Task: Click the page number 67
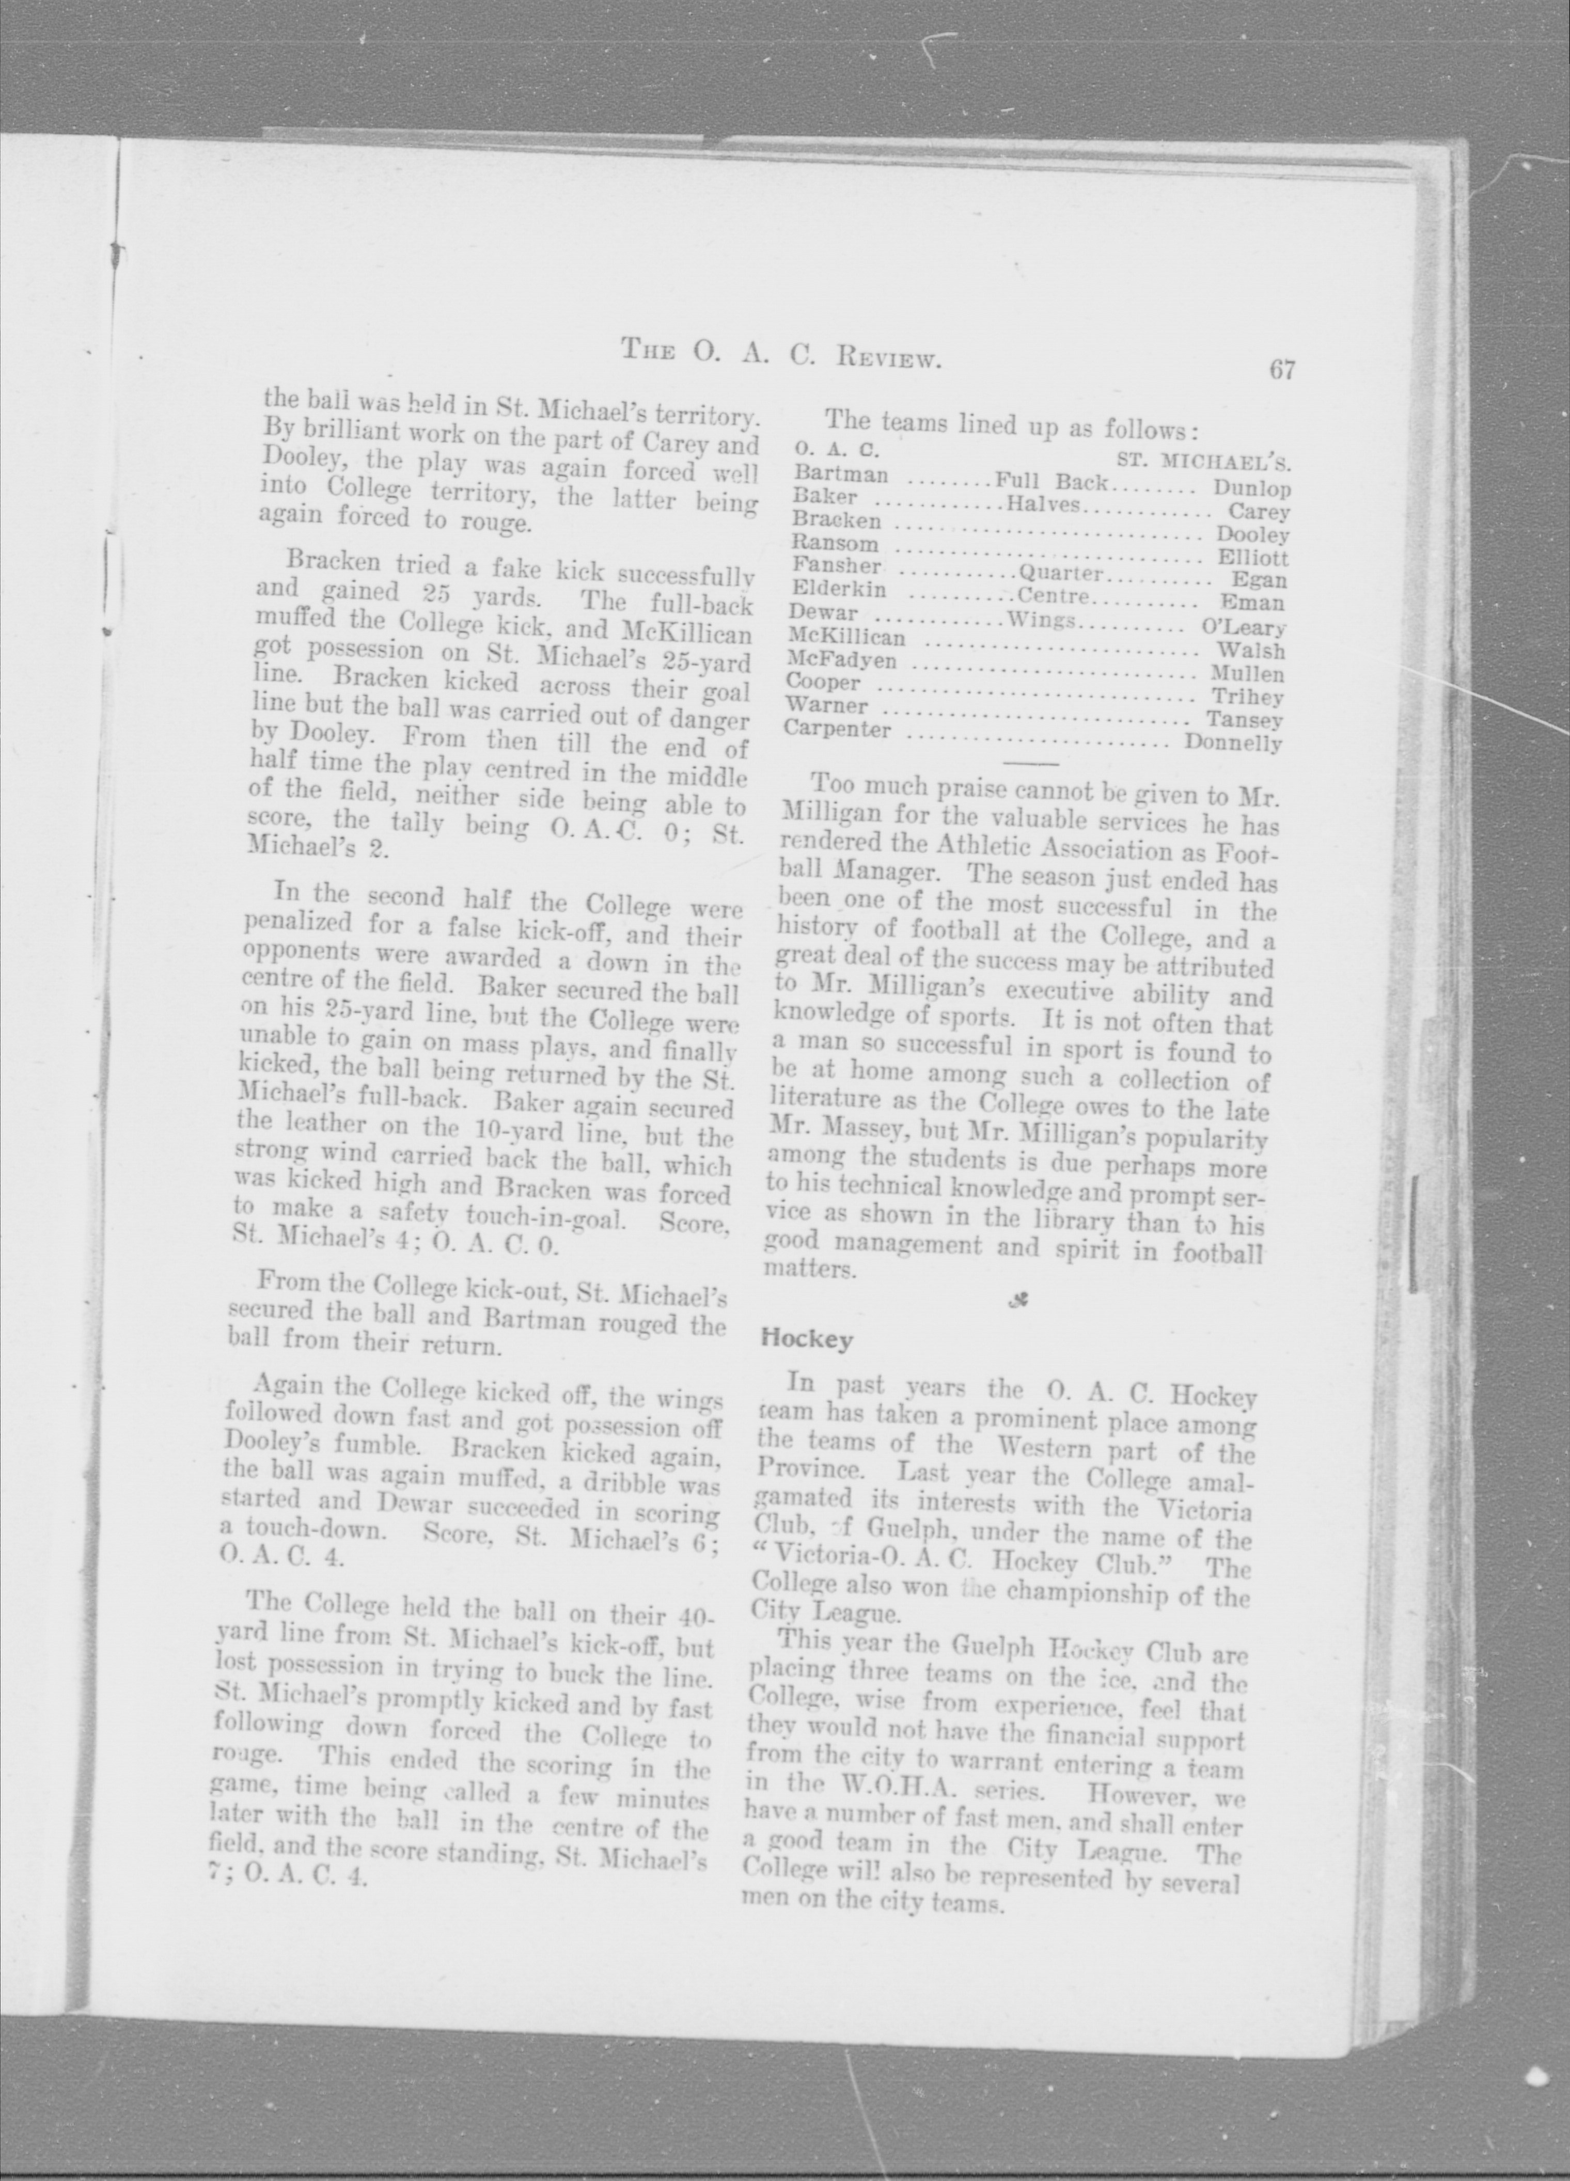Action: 1282,370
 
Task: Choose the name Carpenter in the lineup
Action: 837,729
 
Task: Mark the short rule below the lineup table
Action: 1030,765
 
